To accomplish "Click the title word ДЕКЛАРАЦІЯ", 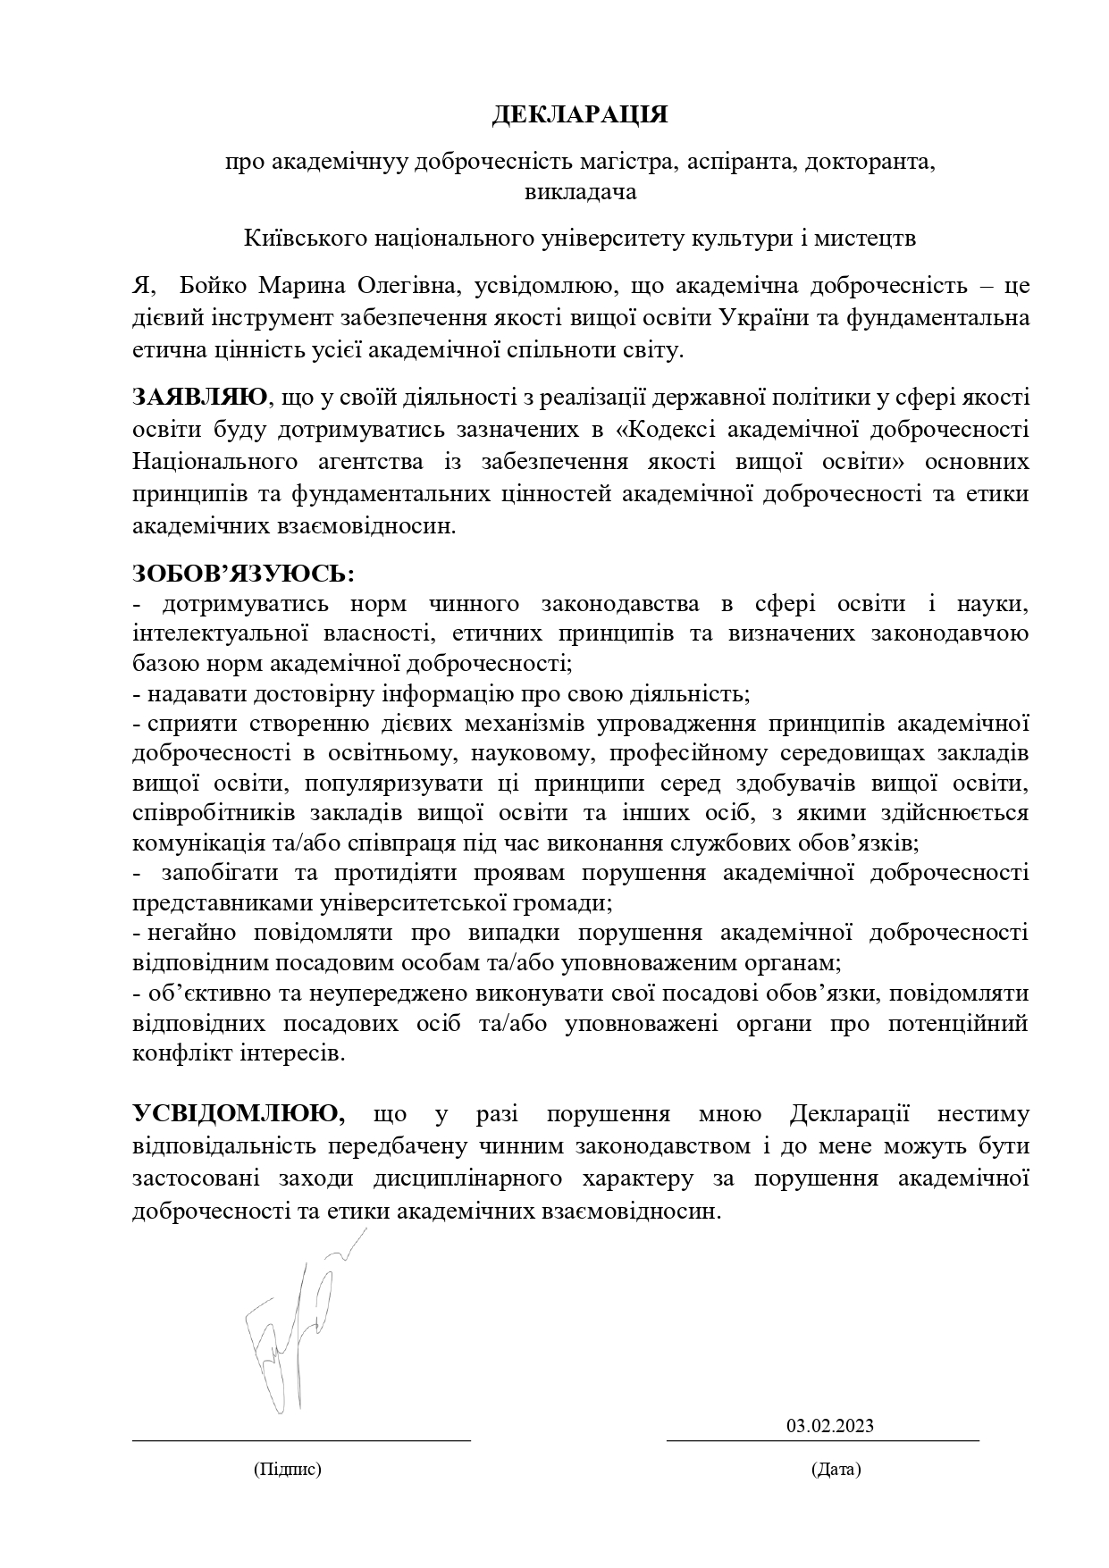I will (580, 115).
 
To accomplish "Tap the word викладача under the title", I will (580, 192).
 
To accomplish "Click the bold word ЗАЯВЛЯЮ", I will (199, 397).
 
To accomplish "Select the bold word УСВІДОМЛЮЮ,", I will (239, 1113).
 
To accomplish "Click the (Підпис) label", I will (288, 1469).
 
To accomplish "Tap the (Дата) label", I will (836, 1469).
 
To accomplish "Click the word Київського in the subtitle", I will (301, 239).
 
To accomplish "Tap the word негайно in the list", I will (191, 933).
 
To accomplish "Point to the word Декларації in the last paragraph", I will (849, 1114).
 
